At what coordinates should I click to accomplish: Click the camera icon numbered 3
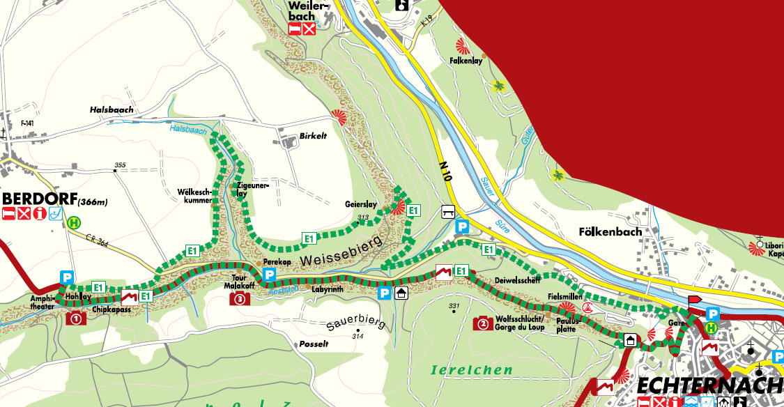pos(240,299)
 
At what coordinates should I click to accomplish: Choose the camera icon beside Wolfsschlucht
pos(482,323)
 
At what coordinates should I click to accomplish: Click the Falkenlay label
pos(466,61)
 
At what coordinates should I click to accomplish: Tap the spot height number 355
pos(120,165)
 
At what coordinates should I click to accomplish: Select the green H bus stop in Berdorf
pos(74,223)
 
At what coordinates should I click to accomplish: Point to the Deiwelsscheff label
pos(517,282)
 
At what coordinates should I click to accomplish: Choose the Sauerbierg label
pos(355,324)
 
